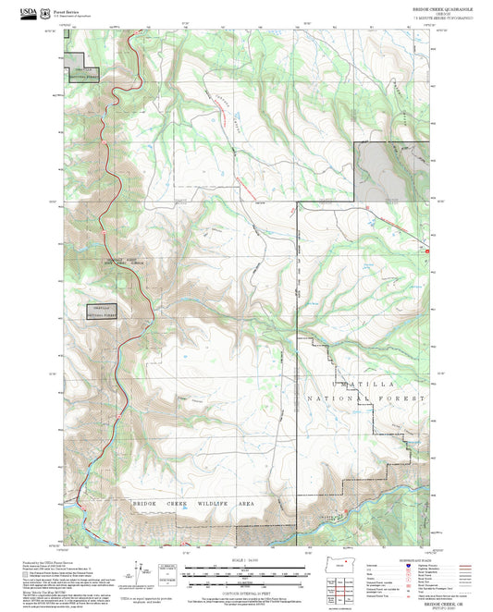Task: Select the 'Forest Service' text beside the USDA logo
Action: [x=66, y=8]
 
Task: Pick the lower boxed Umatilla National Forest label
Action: [x=104, y=311]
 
